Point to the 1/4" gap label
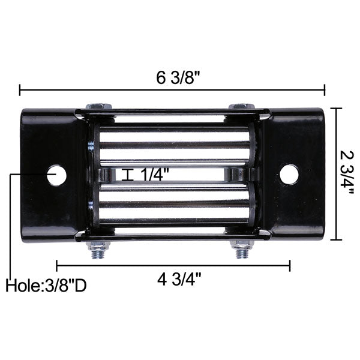click(x=155, y=175)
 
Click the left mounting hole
click(x=57, y=175)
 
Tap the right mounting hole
click(x=289, y=174)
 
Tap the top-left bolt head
click(x=98, y=107)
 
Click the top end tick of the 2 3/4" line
click(x=336, y=109)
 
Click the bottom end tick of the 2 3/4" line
click(x=336, y=240)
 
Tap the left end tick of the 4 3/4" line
click(x=56, y=265)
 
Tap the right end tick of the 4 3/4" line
click(x=290, y=265)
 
